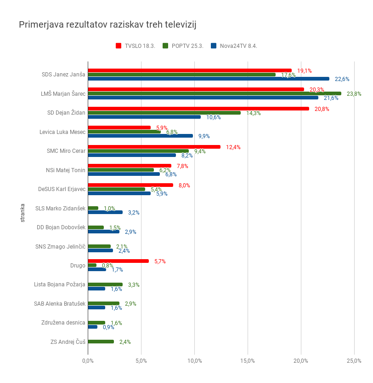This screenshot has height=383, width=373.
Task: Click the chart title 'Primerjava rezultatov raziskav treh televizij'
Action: [107, 24]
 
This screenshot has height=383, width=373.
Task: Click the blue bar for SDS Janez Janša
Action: [208, 79]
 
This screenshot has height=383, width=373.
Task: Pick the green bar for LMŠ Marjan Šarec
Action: [214, 93]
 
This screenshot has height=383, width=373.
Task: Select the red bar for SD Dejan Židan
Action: [198, 109]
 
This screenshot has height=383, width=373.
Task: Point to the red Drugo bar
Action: [118, 261]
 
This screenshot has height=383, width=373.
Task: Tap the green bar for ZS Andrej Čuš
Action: [101, 342]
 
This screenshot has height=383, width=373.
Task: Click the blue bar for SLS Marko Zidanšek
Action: [105, 212]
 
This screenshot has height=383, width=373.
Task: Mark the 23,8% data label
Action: [354, 94]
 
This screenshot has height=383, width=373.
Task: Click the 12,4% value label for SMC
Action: [233, 147]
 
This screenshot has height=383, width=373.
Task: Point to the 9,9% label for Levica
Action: [204, 136]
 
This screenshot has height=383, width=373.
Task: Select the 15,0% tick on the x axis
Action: [248, 360]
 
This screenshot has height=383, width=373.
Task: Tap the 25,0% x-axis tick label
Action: [354, 360]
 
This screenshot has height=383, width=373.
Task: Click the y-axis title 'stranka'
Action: [23, 213]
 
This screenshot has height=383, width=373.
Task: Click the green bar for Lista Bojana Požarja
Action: [105, 284]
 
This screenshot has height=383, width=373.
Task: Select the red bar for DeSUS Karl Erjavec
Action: [130, 185]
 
